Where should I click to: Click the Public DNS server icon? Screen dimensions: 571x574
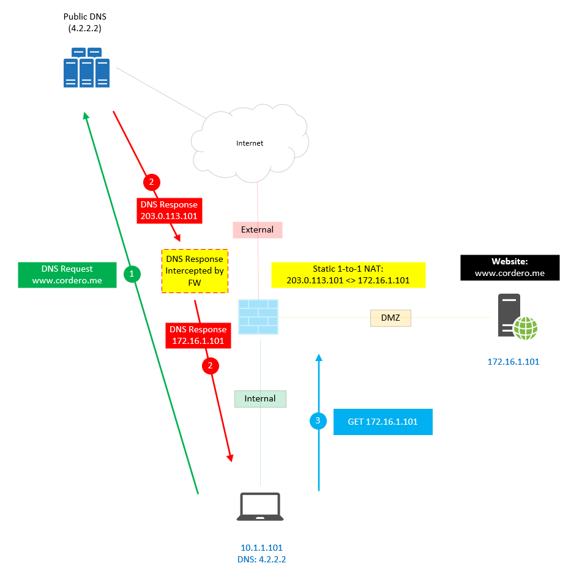click(x=86, y=67)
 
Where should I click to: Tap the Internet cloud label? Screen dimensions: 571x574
click(x=250, y=143)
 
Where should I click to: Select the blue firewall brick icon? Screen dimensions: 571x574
click(x=258, y=317)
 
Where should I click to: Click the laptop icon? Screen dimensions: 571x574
click(x=260, y=507)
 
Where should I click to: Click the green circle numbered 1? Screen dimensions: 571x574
click(x=132, y=274)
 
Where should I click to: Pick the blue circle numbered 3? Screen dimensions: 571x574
click(x=318, y=421)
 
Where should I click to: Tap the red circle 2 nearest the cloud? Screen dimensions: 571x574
click(x=151, y=182)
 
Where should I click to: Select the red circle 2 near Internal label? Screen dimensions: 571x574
click(x=211, y=366)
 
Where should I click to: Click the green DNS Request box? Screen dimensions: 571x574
click(x=67, y=275)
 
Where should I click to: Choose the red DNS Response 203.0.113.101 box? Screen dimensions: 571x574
click(x=170, y=211)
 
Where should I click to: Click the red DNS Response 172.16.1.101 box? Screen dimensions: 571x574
click(x=198, y=335)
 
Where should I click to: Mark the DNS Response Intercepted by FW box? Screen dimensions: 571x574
click(x=195, y=271)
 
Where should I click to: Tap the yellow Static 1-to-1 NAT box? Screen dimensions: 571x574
click(x=348, y=275)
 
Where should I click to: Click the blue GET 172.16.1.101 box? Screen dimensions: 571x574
click(x=383, y=422)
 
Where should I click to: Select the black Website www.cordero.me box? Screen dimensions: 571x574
click(x=510, y=267)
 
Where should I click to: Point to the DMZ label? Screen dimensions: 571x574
click(x=390, y=318)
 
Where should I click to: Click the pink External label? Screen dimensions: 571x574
click(x=257, y=230)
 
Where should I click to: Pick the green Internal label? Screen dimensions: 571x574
click(x=260, y=398)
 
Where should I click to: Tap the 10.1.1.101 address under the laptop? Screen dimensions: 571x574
click(x=261, y=548)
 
